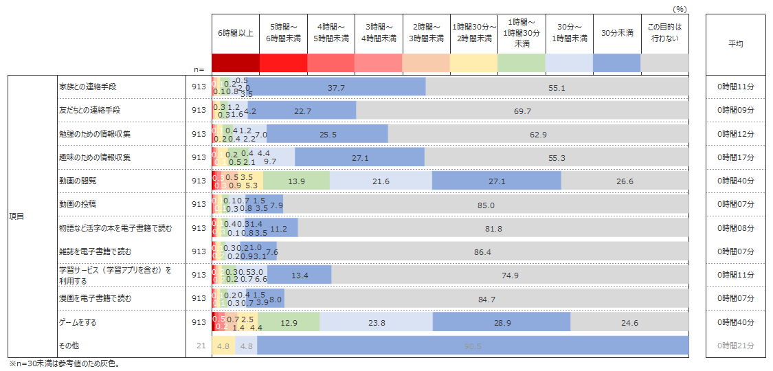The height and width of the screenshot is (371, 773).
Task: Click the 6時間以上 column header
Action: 236,33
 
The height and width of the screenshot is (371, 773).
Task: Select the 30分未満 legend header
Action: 616,33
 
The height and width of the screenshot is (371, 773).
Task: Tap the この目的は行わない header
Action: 664,33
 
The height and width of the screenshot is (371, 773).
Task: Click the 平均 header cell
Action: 735,43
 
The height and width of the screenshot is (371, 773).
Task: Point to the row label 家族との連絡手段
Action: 87,87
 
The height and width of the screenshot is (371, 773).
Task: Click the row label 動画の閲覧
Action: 78,181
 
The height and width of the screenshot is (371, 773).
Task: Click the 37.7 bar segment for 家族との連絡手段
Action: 336,87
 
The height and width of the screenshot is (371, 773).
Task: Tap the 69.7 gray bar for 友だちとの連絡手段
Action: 522,111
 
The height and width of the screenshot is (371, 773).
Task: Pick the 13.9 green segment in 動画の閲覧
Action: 297,181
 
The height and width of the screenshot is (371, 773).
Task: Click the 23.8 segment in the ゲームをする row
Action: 377,322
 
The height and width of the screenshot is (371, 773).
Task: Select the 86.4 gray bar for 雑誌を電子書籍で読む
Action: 482,251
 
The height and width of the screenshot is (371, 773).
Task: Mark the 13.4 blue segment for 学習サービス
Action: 300,275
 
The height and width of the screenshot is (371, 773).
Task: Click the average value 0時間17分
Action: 735,157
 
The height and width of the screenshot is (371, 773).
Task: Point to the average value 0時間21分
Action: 735,345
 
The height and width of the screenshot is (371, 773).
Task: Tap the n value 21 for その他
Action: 201,345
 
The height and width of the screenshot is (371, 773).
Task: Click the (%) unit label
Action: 680,9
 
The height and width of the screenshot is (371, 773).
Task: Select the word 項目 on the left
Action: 17,216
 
